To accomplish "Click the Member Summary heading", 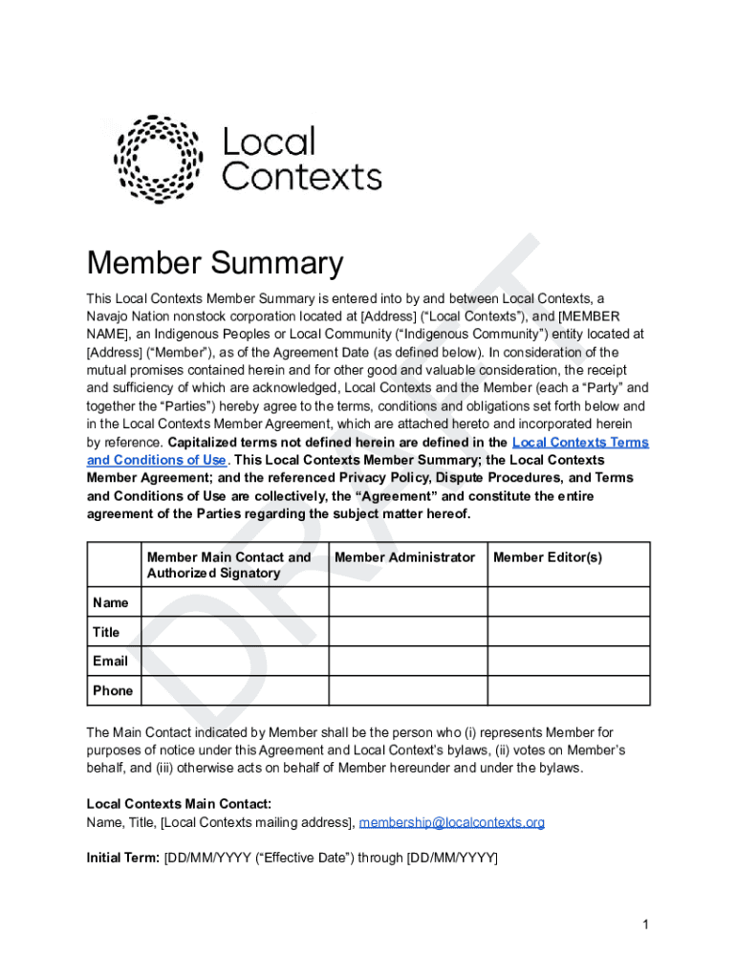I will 215,263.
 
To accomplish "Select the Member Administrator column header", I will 404,557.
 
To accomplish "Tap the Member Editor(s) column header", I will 548,557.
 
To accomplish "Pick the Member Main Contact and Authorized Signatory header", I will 229,565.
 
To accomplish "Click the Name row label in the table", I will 110,602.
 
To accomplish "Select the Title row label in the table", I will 106,632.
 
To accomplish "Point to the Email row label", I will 110,662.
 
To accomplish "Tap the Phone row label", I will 113,690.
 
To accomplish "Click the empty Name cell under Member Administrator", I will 408,602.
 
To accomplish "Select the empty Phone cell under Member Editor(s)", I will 569,690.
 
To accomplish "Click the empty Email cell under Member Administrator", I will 408,662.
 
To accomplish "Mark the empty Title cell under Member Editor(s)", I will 569,632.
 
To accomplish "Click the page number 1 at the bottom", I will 647,925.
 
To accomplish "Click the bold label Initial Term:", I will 123,858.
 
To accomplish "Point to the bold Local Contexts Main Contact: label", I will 179,804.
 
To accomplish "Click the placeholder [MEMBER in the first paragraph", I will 589,316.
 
